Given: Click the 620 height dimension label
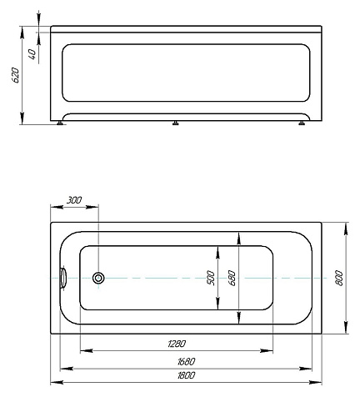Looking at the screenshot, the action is point(16,75).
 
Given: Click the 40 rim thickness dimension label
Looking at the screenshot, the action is point(32,54).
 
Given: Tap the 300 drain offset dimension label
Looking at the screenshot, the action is point(74,200).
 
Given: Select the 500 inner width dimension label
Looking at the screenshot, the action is point(211,278).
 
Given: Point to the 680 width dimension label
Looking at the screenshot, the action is point(232,278).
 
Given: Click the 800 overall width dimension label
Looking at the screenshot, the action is point(339,278).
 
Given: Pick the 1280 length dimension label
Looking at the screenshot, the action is point(177,344).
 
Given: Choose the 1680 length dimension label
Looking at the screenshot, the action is point(187,361).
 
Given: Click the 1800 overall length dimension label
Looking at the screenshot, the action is point(187,375).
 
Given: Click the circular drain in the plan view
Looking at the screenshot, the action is point(98,278).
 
